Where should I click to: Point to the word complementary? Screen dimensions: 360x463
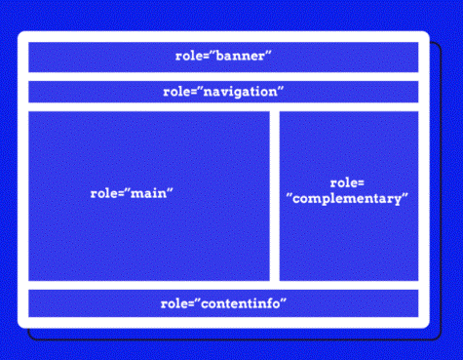347,200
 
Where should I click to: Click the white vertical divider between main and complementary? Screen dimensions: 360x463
275,195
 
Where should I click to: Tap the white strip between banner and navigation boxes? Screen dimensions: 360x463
223,76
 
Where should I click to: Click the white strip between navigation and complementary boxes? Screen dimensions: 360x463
349,106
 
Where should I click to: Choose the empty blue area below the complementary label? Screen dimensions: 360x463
349,244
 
